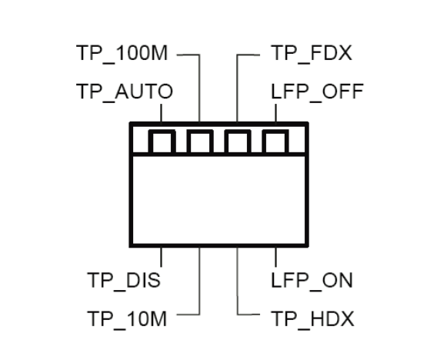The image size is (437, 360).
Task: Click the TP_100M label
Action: (x=122, y=53)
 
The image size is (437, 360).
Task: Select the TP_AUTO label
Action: (x=125, y=92)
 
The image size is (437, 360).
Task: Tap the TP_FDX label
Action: (x=312, y=53)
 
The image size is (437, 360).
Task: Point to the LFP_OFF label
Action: (x=317, y=92)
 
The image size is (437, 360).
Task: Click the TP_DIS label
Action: (x=124, y=280)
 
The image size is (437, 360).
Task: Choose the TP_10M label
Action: (x=127, y=318)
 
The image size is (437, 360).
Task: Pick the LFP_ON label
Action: (x=312, y=280)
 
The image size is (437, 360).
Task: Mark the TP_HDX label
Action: (x=312, y=318)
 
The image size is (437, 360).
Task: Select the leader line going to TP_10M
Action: (x=199, y=290)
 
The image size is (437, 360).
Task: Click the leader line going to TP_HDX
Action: (x=238, y=290)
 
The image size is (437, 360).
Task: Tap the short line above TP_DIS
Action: (x=161, y=257)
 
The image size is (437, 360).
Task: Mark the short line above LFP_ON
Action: (x=276, y=257)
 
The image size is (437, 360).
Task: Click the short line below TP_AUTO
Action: (x=161, y=113)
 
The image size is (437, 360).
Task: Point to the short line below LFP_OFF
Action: (x=276, y=113)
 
